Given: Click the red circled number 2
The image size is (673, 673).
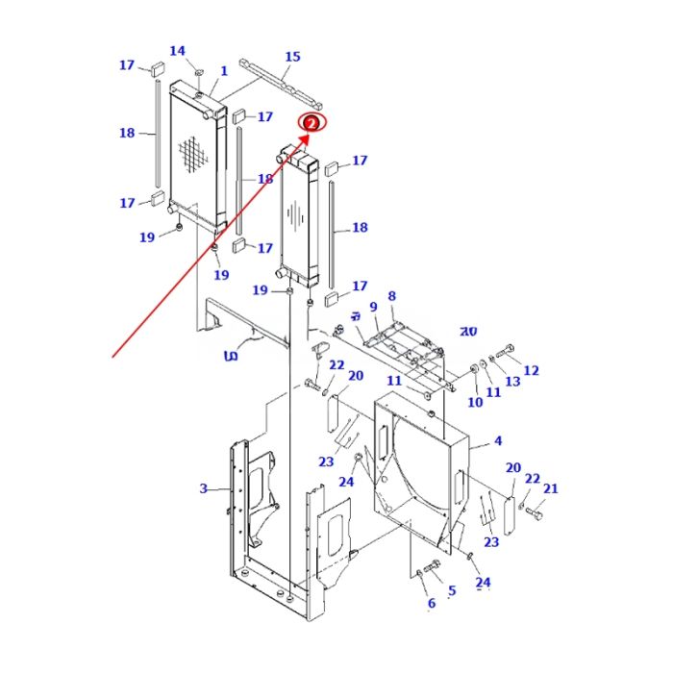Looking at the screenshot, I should point(312,122).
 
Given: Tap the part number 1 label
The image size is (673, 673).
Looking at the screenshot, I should point(224,71).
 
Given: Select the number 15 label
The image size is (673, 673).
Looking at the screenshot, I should point(292,57).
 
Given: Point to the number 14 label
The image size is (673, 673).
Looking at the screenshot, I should point(177,51).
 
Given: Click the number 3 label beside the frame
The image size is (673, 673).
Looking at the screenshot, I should point(203,489).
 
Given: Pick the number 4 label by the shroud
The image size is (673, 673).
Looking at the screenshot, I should point(498,441).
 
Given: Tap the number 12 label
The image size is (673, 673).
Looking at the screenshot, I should point(531,370).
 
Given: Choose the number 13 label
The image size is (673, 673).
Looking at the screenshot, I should point(512,382).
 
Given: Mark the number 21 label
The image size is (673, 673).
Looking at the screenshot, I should point(550,489).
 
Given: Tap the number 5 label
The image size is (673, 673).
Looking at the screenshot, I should point(452,590).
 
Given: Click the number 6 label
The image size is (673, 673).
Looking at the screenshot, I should point(431,603).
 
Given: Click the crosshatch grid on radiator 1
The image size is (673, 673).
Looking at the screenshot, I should point(195,154).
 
